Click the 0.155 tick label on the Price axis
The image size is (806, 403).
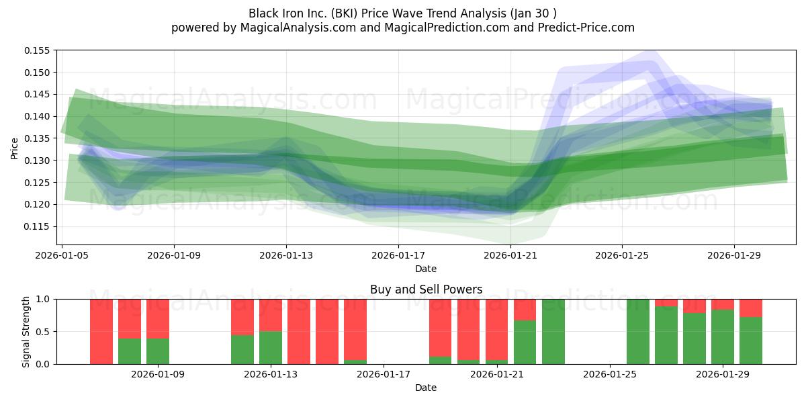pos(37,50)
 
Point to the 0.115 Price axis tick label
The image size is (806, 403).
pos(37,227)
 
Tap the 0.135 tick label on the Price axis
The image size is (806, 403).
pos(37,138)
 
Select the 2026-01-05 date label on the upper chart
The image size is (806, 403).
pos(62,255)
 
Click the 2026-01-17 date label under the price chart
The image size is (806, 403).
pos(398,255)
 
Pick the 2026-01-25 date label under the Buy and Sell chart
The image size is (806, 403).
pos(610,375)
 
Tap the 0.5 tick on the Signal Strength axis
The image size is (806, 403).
pos(43,332)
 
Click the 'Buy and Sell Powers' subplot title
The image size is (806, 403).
pos(426,289)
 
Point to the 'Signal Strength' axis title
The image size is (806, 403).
pos(26,332)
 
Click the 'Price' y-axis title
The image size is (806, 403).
pos(14,148)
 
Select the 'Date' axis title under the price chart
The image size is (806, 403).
pos(426,269)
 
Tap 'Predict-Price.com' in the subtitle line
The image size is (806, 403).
pos(586,28)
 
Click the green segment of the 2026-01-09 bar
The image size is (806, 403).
pos(158,351)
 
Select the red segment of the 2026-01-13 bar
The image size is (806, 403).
pos(271,315)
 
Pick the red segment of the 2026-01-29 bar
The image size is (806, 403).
pos(723,304)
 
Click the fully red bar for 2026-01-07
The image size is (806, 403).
pos(101,332)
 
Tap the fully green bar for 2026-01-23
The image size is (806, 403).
pos(553,332)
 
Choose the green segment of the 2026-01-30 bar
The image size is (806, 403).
pos(751,341)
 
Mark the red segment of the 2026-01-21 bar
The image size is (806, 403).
pos(497,330)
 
